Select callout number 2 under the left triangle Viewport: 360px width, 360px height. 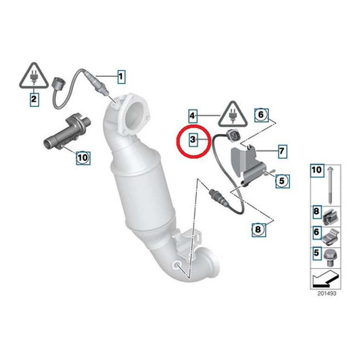pyautogui.click(x=33, y=99)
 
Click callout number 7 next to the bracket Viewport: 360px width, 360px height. pyautogui.click(x=282, y=151)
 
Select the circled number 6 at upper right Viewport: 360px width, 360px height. pyautogui.click(x=261, y=114)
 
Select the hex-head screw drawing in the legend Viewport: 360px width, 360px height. pyautogui.click(x=330, y=256)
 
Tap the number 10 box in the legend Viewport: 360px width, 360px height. pyautogui.click(x=316, y=170)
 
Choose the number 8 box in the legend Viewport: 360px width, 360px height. pyautogui.click(x=316, y=212)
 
